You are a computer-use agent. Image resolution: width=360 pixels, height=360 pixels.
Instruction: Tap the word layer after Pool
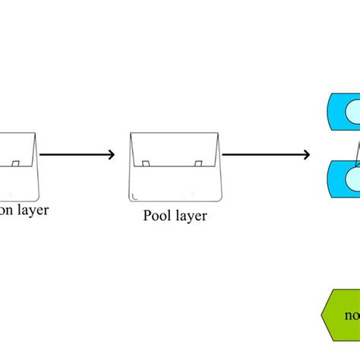tap(191, 216)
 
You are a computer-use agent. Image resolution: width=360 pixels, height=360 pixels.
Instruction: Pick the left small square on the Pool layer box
tap(145, 163)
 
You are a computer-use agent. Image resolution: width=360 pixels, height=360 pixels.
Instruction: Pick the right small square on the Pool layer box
tap(197, 163)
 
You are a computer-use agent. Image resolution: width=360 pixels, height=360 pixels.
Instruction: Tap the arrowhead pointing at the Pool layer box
tap(111, 155)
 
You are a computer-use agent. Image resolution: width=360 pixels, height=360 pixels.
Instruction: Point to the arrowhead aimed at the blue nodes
tap(306, 155)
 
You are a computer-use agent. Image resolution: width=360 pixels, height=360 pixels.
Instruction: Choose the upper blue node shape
tap(342, 111)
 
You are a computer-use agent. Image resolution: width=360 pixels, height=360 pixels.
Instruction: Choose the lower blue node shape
tap(342, 179)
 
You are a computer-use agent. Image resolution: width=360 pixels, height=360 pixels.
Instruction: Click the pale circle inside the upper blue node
tap(353, 112)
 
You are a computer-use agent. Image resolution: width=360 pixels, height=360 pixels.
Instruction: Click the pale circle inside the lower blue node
tap(353, 179)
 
